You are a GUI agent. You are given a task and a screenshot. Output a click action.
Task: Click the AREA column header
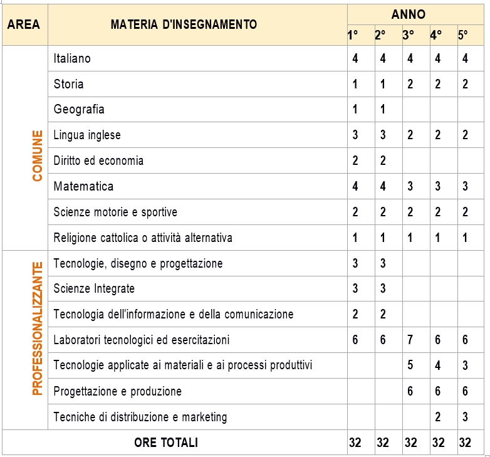(24, 24)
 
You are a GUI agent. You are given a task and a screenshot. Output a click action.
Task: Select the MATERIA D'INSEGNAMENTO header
(184, 24)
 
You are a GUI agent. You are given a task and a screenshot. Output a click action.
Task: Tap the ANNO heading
(408, 14)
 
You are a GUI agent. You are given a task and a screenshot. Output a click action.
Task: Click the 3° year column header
(408, 36)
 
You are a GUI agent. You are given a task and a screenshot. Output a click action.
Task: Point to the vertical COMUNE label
(38, 155)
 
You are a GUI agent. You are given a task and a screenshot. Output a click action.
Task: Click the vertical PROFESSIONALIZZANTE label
(38, 328)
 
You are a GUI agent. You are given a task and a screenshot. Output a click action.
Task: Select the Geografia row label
(79, 110)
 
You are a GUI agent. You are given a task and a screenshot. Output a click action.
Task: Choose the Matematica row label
(83, 186)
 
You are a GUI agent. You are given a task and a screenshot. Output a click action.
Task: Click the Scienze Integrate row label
(94, 288)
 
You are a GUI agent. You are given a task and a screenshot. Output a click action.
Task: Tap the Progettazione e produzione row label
(118, 391)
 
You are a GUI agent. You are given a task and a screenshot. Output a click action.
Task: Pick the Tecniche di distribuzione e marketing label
(140, 417)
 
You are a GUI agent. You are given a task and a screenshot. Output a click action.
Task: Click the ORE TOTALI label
(166, 443)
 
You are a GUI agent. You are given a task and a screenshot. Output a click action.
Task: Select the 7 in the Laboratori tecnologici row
(410, 340)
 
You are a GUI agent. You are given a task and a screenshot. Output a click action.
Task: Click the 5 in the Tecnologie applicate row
(410, 365)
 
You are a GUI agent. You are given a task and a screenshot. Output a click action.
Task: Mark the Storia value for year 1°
(355, 84)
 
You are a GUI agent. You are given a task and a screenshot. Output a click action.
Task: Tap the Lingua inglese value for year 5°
(465, 135)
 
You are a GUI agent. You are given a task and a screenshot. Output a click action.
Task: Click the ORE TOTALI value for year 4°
(438, 443)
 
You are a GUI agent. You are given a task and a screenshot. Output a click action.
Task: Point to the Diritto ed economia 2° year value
(383, 161)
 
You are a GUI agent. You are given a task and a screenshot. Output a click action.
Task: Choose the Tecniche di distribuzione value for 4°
(438, 417)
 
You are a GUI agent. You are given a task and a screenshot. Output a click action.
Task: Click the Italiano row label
(72, 58)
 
